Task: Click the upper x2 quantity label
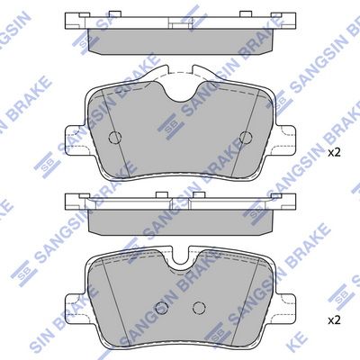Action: coord(334,153)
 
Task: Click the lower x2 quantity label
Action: coord(334,320)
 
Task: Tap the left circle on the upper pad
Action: coord(114,138)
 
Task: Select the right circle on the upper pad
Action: coord(246,138)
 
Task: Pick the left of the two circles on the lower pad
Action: coord(162,307)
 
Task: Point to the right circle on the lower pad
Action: coord(199,307)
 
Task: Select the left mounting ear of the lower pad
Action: coord(75,307)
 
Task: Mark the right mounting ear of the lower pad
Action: coord(286,307)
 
